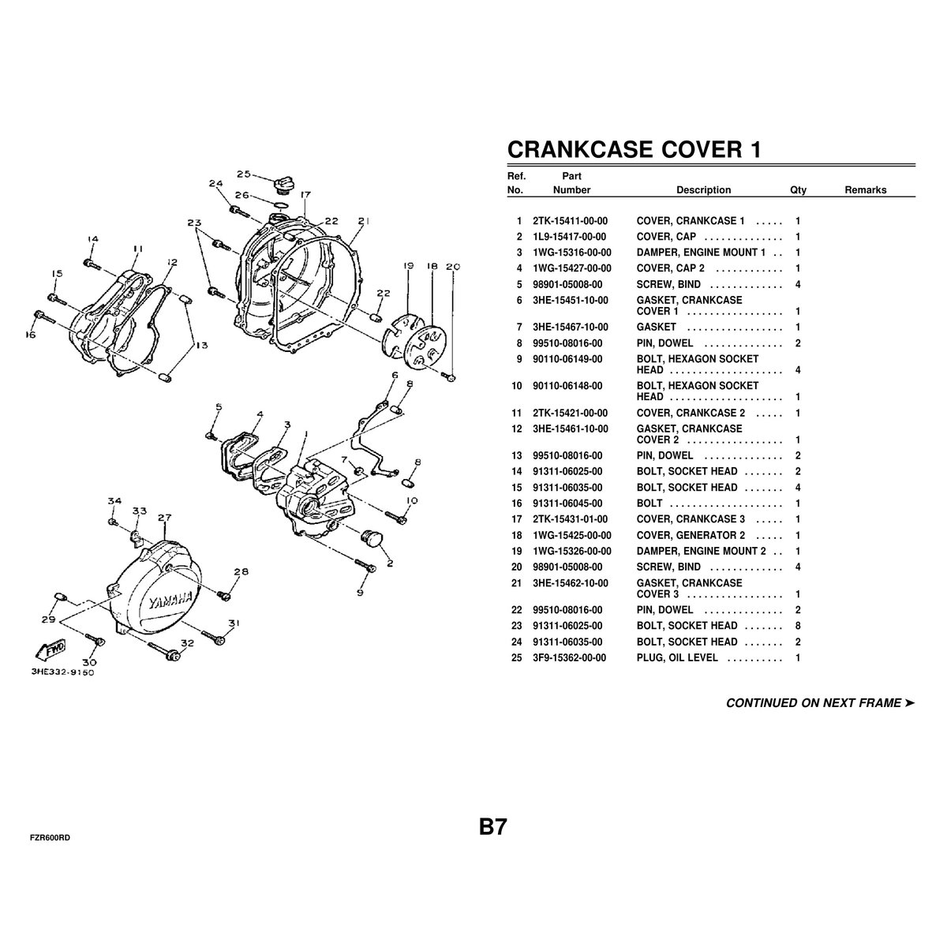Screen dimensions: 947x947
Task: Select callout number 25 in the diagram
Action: (244, 174)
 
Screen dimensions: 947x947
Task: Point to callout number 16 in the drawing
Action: (31, 335)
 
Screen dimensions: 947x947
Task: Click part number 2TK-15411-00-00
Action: (570, 221)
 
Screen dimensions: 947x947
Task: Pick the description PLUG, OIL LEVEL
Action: (676, 657)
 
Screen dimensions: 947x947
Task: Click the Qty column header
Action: (798, 190)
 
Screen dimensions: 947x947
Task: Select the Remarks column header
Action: (866, 189)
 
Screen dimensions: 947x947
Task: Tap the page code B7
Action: (493, 827)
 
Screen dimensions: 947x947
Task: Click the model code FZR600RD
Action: (50, 838)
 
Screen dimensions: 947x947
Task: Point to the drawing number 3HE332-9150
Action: (63, 672)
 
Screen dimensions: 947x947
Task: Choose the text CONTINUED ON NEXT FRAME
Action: (814, 703)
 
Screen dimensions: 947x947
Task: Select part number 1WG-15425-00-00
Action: (572, 535)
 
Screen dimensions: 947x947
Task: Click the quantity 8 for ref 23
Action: (798, 626)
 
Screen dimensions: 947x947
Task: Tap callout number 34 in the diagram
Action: (114, 501)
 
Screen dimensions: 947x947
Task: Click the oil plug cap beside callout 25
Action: (282, 185)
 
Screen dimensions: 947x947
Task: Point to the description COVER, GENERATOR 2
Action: (691, 535)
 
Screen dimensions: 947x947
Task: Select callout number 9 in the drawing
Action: (360, 593)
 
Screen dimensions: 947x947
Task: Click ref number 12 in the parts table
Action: (516, 429)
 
